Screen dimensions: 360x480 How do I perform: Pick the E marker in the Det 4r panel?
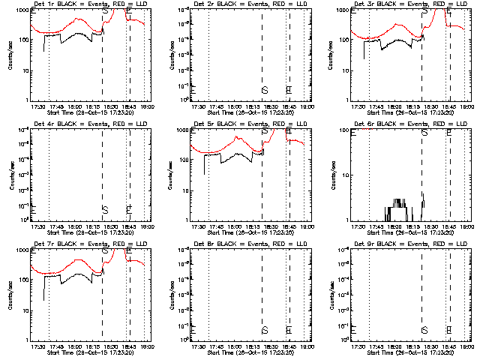[x=129, y=208]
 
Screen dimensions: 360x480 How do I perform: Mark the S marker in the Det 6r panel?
[x=425, y=132]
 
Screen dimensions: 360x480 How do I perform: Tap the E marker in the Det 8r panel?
[x=289, y=330]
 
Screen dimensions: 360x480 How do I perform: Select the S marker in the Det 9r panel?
[x=424, y=330]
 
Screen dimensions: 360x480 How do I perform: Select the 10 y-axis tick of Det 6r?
[x=348, y=175]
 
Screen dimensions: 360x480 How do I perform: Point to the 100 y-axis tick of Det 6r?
[x=346, y=131]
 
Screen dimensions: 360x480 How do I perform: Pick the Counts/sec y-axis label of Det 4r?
[x=10, y=176]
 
